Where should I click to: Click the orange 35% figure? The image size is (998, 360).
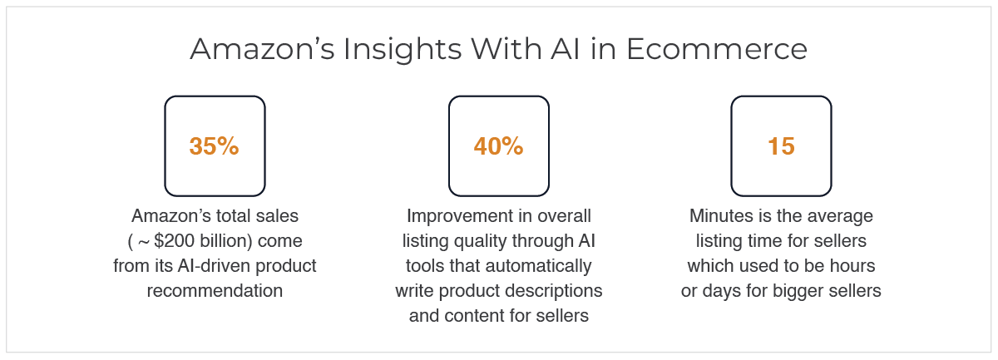[x=215, y=146]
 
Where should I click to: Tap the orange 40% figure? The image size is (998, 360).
[x=498, y=146]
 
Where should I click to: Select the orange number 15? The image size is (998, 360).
[x=781, y=146]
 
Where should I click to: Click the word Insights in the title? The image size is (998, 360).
[x=403, y=49]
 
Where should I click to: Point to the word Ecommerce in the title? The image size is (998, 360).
[x=717, y=49]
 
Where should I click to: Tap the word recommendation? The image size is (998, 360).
[x=215, y=291]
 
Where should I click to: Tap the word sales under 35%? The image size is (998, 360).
[x=276, y=216]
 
